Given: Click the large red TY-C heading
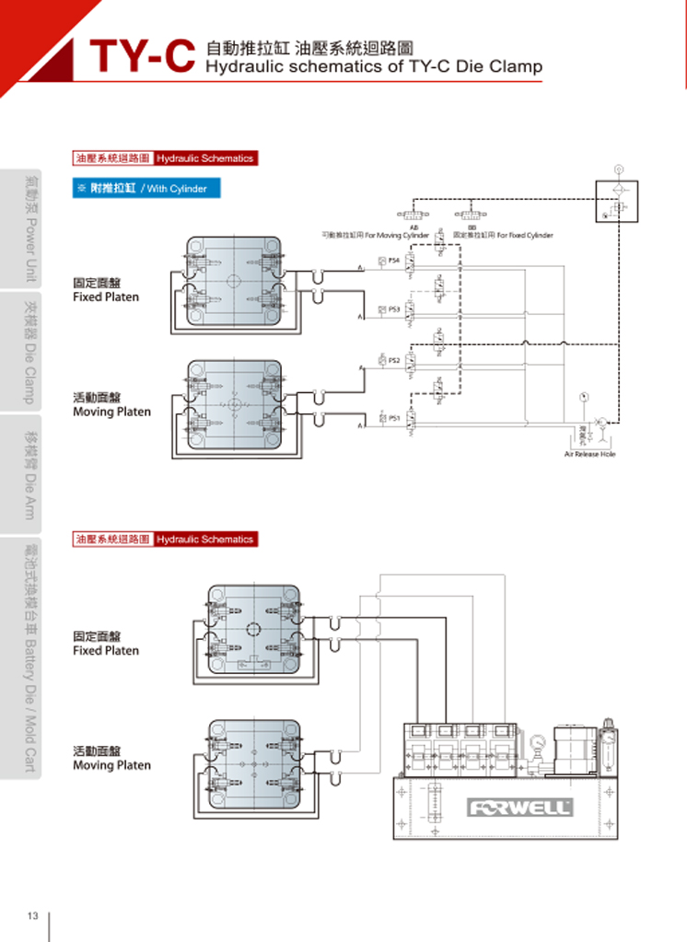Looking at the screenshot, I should (x=143, y=58).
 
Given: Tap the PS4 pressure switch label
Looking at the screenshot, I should (x=394, y=261).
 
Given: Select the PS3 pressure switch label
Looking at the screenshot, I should (x=394, y=309).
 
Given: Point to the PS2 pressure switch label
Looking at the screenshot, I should (x=394, y=360).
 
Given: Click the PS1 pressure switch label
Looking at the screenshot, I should (x=394, y=417).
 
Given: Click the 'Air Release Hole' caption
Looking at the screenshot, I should (x=590, y=454).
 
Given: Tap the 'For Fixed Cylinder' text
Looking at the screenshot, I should (x=525, y=236).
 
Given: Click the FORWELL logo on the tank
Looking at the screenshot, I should (x=521, y=808).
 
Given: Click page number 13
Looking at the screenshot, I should (x=32, y=916).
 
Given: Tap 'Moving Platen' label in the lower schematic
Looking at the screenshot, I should (x=111, y=765).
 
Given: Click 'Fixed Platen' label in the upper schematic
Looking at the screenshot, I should (x=106, y=297).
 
